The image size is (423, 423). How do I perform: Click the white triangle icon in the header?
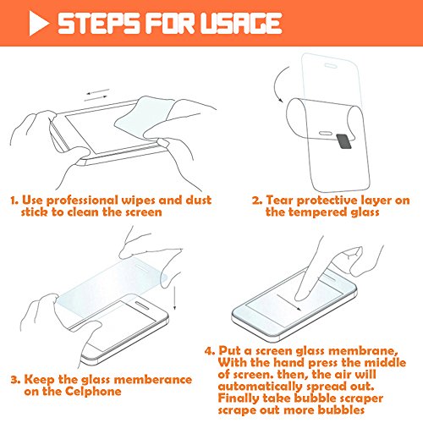38,23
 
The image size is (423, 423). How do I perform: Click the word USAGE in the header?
241,23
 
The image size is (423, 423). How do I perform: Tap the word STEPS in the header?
98,23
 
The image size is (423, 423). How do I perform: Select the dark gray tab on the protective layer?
343,141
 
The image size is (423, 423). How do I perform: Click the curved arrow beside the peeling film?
276,85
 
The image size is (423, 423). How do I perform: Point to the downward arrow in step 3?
174,298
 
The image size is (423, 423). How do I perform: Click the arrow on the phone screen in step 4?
288,303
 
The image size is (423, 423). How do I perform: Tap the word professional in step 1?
82,201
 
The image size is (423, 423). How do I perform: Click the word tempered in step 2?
316,212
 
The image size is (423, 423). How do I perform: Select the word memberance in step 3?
153,379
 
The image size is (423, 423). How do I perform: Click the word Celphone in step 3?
93,392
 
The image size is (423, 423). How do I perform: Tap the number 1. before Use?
14,201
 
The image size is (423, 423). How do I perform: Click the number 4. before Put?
210,351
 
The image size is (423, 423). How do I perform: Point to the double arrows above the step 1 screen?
96,95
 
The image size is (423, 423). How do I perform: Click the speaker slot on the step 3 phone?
144,305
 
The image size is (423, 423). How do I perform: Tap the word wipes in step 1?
138,201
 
